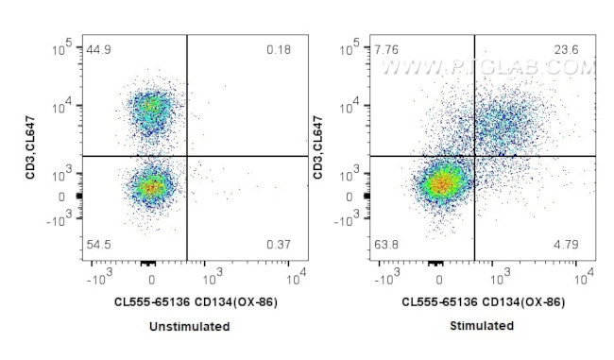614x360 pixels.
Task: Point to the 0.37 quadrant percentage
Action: point(278,246)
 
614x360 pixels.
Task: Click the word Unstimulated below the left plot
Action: point(189,326)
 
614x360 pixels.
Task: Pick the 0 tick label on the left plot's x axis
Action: point(152,283)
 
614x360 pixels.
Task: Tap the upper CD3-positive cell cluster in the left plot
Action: point(149,111)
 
